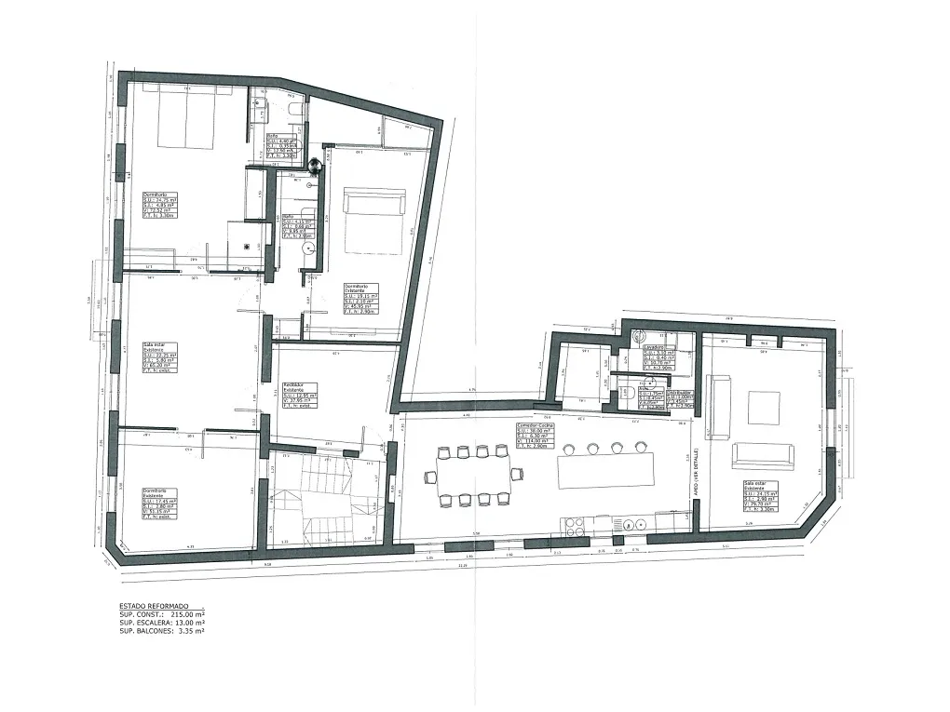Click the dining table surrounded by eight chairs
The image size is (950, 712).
[473, 476]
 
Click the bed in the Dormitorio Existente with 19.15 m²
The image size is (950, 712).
[374, 221]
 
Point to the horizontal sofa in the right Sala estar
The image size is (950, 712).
[761, 454]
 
